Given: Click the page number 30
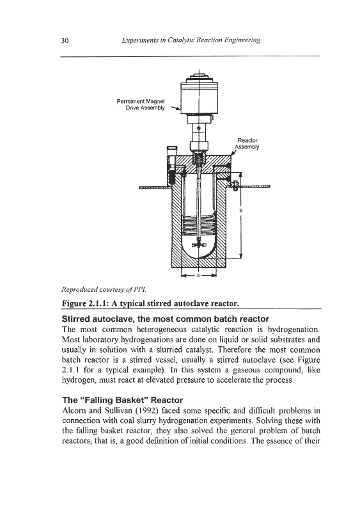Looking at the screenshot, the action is tap(65, 40).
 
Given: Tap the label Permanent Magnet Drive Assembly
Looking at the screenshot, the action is tap(141, 104).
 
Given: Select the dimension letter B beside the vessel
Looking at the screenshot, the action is tap(241, 211).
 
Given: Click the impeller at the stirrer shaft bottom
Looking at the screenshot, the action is tap(198, 245).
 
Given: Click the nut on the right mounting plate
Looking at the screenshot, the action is tap(234, 186).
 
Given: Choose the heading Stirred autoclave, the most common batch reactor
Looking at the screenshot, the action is tap(166, 319).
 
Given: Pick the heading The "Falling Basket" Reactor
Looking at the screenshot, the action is tap(122, 400).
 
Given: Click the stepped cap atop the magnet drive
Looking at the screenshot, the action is tap(198, 79).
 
